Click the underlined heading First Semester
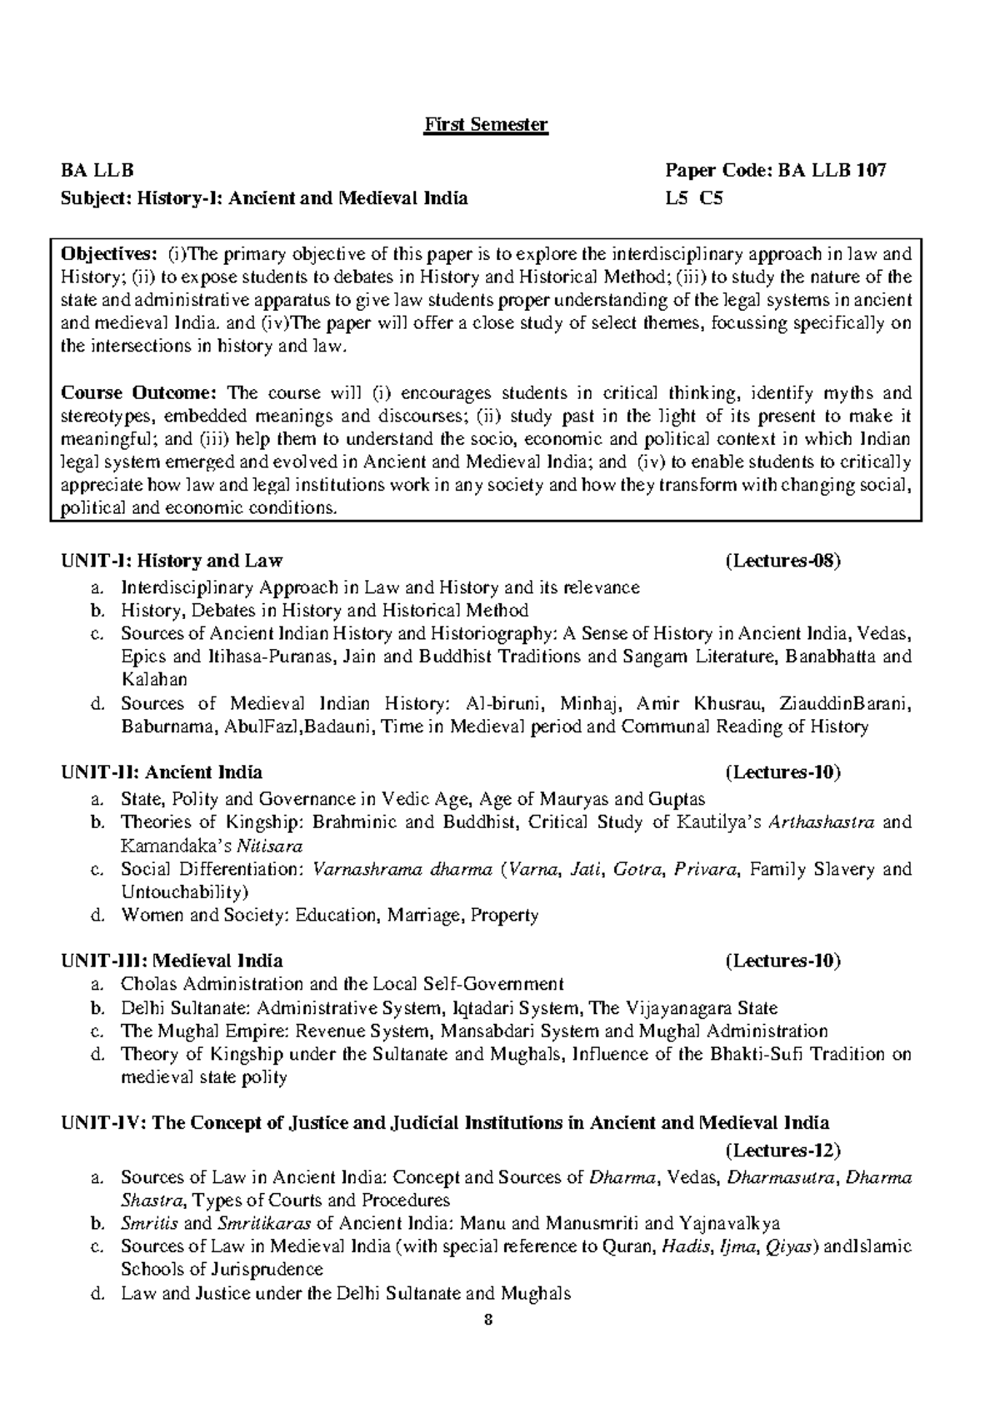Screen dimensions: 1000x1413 (486, 125)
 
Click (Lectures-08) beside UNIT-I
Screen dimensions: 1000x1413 (783, 560)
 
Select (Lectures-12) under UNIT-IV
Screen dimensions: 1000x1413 (783, 1151)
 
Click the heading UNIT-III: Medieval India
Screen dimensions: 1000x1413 (172, 961)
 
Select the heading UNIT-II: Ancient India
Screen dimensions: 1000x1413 (162, 771)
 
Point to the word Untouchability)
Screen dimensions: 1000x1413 (185, 892)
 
